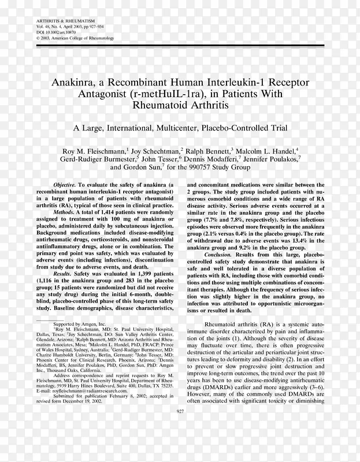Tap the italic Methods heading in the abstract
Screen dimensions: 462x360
[65, 213]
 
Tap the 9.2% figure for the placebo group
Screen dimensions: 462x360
[265, 248]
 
